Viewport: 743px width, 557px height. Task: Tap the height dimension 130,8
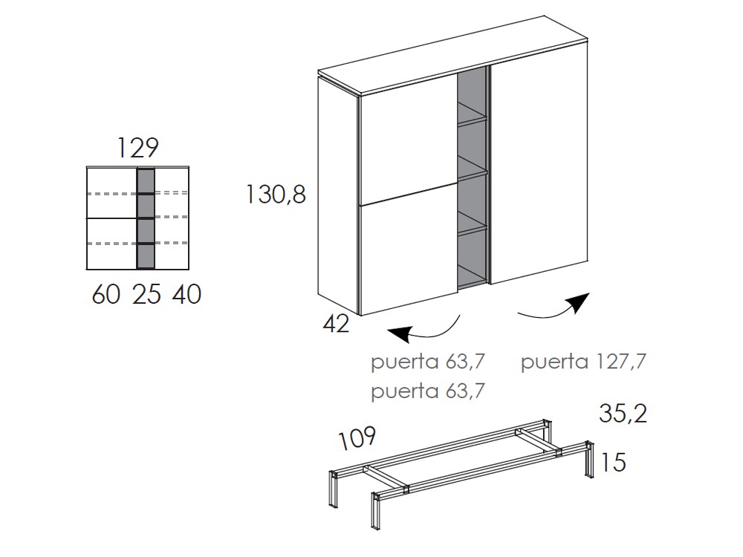[276, 195]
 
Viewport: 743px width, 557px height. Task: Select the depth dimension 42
[336, 324]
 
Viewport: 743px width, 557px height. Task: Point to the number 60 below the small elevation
[106, 295]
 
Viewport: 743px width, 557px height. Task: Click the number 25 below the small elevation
[146, 295]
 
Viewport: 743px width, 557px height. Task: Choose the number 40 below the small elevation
[186, 295]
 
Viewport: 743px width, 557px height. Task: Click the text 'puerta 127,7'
[583, 362]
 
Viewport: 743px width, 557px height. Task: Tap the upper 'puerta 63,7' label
[427, 362]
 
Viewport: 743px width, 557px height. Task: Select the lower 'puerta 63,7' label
[427, 391]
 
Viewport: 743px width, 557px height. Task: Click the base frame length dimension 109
[357, 439]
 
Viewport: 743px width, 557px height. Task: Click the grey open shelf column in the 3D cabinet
[472, 178]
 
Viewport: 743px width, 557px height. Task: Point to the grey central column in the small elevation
[146, 218]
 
